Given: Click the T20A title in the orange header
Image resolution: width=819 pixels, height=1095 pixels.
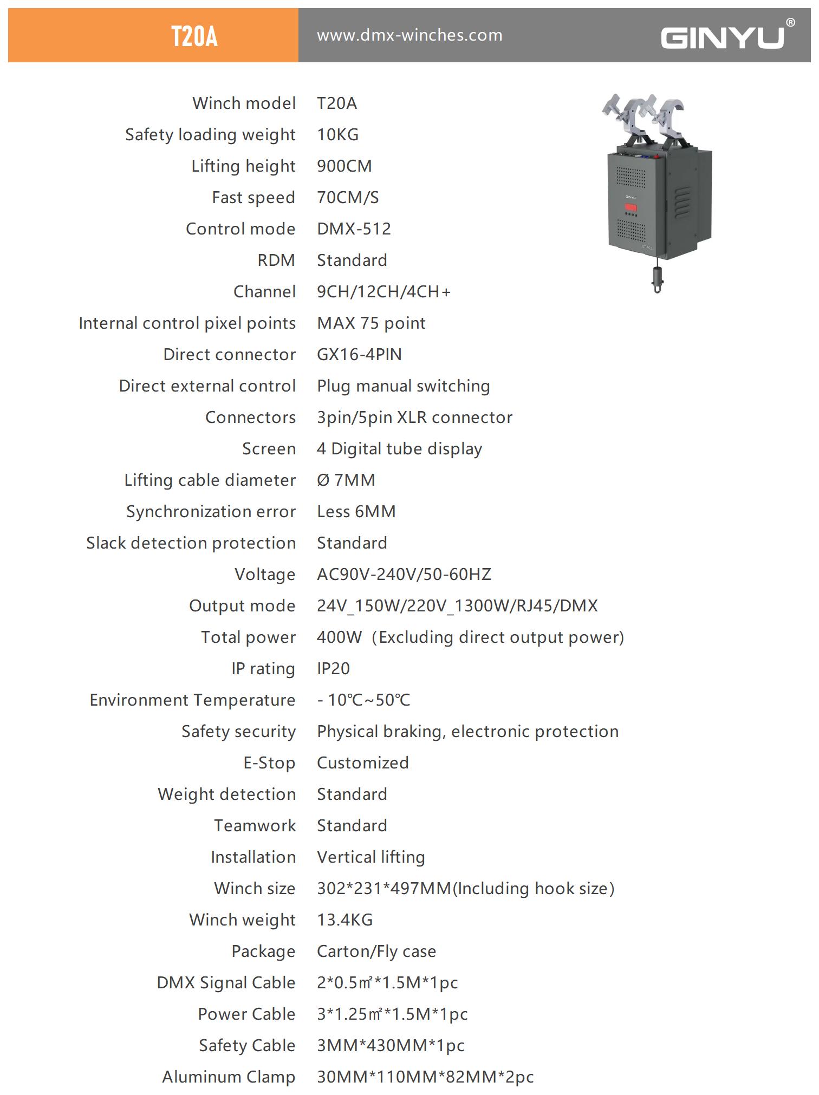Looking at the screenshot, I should (x=194, y=37).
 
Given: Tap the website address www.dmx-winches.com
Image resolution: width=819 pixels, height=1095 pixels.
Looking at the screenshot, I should (x=409, y=36).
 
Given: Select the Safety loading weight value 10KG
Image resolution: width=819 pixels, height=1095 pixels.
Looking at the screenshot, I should (x=337, y=135).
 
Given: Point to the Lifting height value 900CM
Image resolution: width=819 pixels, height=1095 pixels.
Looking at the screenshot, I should (x=344, y=166).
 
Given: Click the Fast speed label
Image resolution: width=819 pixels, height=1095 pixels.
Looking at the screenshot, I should (x=253, y=198).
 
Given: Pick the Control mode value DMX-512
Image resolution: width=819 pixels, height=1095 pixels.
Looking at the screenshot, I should (x=354, y=229).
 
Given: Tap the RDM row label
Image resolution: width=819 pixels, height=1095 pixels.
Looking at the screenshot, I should (x=276, y=260).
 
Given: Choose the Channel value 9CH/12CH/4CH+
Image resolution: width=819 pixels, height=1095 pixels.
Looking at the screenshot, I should (x=383, y=292).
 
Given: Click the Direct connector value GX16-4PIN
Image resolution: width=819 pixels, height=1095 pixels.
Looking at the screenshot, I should (x=359, y=355).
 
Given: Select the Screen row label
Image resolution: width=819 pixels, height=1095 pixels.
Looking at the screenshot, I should (x=269, y=449).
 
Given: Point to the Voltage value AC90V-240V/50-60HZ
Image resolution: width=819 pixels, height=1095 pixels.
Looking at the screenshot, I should (x=404, y=575).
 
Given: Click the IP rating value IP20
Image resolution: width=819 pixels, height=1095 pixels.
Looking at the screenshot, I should (x=333, y=669).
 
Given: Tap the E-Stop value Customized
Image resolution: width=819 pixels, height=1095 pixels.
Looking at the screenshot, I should (x=362, y=763).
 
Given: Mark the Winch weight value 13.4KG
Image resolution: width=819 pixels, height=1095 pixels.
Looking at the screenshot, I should (x=344, y=920).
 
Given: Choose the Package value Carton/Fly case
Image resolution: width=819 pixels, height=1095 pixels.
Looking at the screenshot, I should (x=376, y=951).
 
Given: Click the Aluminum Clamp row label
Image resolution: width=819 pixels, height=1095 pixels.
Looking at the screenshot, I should (x=229, y=1077).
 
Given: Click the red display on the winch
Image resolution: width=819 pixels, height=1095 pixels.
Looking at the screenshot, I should (x=631, y=207).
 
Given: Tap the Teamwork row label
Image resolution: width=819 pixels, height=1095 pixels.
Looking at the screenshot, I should (x=255, y=826).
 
